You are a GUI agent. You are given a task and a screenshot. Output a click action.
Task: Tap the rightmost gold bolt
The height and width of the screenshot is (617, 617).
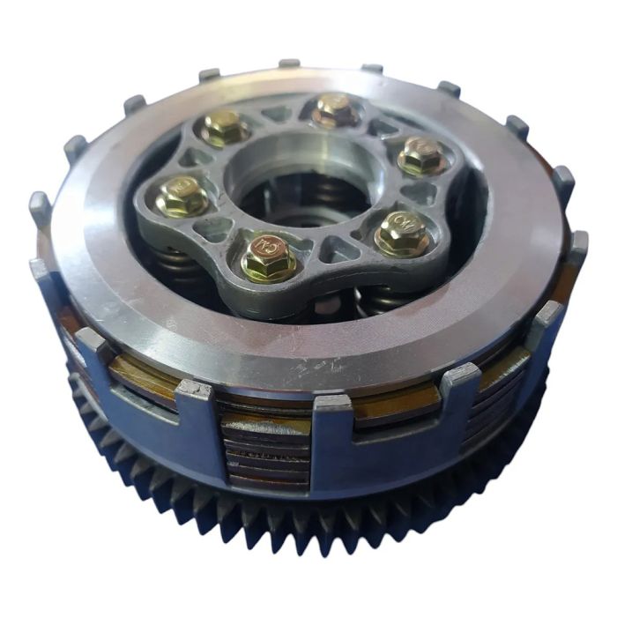[420, 156]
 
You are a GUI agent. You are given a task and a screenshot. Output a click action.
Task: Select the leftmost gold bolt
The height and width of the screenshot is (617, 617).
[182, 196]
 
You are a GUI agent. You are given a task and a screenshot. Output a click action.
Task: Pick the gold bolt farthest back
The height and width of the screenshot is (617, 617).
[336, 108]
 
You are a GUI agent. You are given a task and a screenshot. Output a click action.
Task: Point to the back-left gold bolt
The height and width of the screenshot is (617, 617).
[224, 128]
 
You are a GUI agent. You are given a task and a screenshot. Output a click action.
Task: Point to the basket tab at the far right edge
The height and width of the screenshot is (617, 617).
[578, 242]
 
